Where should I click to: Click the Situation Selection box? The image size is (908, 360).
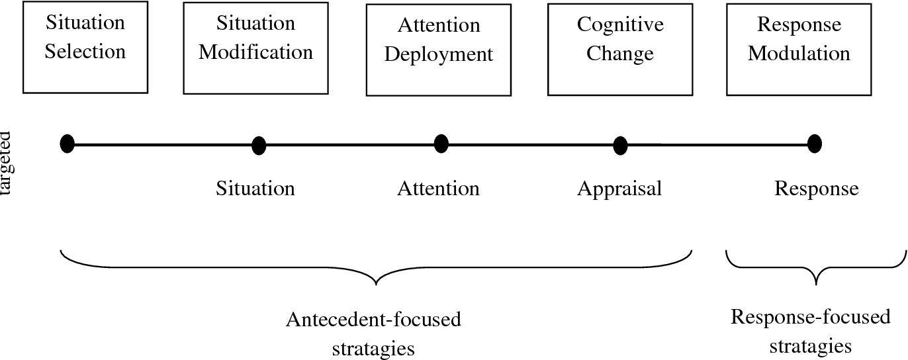click(85, 46)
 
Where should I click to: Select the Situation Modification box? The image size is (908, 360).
click(255, 48)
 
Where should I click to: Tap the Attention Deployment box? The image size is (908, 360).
click(438, 50)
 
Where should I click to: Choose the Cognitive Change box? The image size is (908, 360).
click(620, 49)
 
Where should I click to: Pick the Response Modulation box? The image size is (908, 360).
click(799, 48)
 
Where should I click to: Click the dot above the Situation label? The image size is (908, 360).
click(259, 146)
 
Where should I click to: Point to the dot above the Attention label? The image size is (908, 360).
click(441, 144)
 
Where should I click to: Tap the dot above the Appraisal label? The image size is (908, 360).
click(620, 146)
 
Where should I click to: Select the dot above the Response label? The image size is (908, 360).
click(815, 144)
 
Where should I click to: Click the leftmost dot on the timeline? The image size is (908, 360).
click(67, 144)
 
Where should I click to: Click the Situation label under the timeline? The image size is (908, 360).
click(255, 189)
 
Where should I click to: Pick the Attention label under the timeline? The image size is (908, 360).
click(438, 189)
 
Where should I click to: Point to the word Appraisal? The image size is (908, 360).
click(619, 189)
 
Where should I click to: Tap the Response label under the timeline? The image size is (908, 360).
click(816, 189)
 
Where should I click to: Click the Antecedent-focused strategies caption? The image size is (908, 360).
click(373, 334)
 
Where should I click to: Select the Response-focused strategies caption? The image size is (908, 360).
click(810, 331)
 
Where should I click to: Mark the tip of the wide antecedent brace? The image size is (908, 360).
click(376, 285)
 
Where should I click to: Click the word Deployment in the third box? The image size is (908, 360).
click(438, 54)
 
